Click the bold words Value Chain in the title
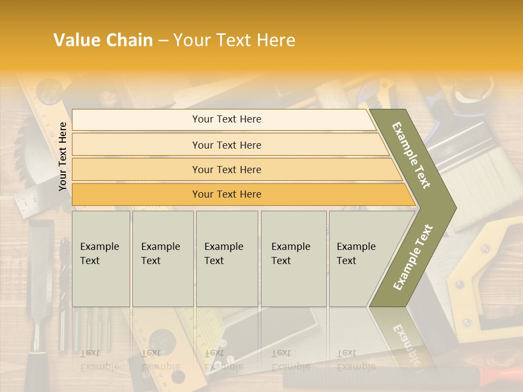pyautogui.click(x=103, y=40)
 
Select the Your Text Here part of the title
pyautogui.click(x=234, y=40)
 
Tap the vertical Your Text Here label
pyautogui.click(x=63, y=156)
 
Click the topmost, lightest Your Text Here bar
pyautogui.click(x=226, y=119)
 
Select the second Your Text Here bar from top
pyautogui.click(x=226, y=145)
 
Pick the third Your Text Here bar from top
pyautogui.click(x=226, y=169)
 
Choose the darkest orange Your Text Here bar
pyautogui.click(x=226, y=194)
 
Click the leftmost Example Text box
pyautogui.click(x=101, y=258)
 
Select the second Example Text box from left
pyautogui.click(x=162, y=258)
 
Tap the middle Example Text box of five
pyautogui.click(x=227, y=258)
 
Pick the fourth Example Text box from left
pyautogui.click(x=293, y=258)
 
